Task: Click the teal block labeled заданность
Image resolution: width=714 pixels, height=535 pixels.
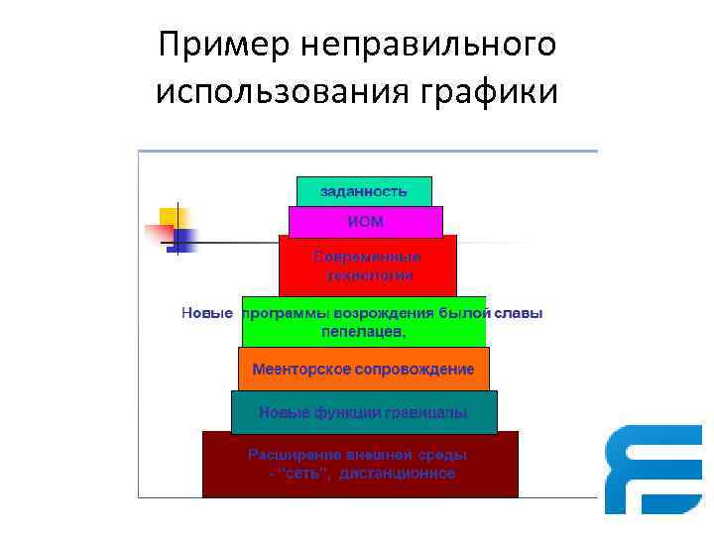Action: (364, 190)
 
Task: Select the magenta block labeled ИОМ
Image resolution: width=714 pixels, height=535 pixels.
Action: (365, 222)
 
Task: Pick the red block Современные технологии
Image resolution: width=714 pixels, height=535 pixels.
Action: (367, 266)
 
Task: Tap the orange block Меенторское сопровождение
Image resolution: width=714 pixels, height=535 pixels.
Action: (363, 369)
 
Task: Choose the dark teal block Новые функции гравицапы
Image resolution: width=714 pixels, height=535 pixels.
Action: (364, 412)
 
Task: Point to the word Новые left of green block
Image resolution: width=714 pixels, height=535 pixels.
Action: (207, 313)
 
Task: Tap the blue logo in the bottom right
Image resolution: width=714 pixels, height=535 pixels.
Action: (654, 468)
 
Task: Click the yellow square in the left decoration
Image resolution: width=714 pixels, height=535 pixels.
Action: (174, 218)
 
